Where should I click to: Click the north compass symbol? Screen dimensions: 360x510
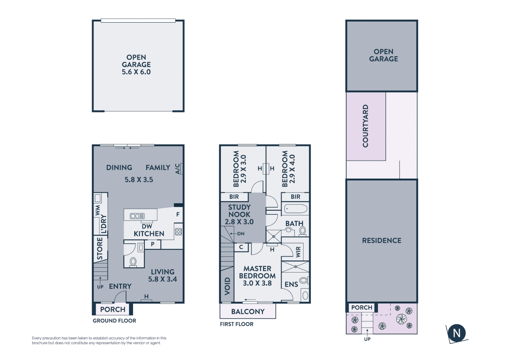pos(456,333)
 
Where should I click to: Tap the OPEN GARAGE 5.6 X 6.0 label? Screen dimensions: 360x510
pos(136,65)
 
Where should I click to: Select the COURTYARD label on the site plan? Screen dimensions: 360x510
pos(366,126)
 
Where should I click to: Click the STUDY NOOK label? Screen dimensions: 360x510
pos(239,214)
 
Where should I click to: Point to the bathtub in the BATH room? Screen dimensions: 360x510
pos(296,209)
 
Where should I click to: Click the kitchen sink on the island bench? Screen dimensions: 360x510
pos(137,216)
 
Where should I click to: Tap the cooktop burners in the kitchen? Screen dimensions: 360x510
pos(178,231)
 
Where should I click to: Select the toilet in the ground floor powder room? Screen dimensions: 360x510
pos(133,262)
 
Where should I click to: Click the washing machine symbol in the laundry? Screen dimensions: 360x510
pos(98,198)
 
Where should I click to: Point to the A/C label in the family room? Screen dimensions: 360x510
pos(178,169)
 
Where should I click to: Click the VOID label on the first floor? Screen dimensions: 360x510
pos(227,286)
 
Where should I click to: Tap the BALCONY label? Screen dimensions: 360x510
pos(248,312)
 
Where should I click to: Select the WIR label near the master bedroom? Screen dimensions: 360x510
pos(298,252)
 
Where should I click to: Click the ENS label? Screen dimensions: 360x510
pos(291,284)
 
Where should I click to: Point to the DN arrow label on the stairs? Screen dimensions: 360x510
pos(240,234)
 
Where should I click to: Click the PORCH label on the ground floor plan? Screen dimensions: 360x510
pos(113,309)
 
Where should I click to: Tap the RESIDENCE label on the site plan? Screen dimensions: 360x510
pos(382,241)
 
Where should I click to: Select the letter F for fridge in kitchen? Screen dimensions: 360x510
pos(178,214)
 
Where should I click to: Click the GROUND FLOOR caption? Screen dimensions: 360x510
pos(114,321)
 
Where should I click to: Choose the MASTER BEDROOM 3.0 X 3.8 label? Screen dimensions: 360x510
pos(257,276)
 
